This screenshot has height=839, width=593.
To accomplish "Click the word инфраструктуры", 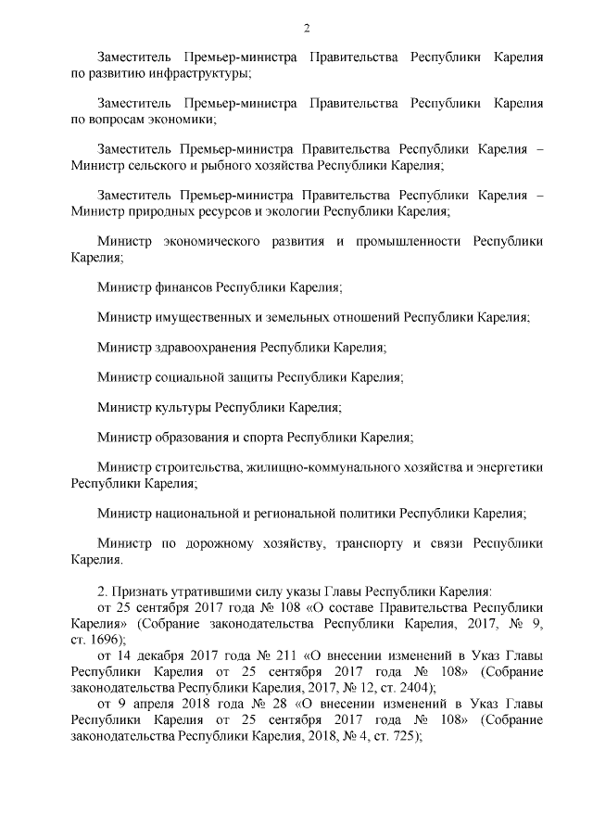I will pyautogui.click(x=202, y=72).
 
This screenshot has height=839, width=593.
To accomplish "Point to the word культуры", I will pyautogui.click(x=181, y=407).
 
